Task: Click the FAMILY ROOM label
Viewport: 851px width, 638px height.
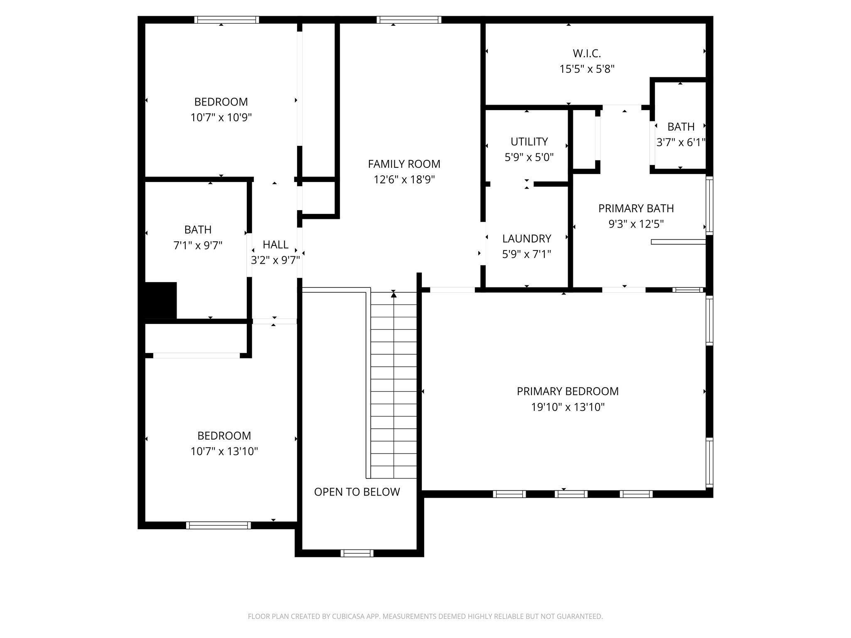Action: tap(404, 164)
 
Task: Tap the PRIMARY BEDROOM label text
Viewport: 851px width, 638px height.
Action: tap(568, 391)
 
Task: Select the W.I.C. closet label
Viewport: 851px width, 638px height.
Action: tap(587, 54)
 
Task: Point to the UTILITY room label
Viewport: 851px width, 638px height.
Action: tap(529, 142)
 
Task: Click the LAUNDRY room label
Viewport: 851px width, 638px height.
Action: tap(526, 238)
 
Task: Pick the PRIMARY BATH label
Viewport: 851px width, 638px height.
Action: tap(636, 209)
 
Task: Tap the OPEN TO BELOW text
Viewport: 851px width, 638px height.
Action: tap(357, 492)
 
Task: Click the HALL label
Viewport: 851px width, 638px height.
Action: tap(275, 245)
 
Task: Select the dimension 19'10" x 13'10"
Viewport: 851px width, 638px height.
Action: tap(568, 407)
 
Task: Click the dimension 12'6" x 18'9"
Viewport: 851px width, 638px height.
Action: tap(404, 180)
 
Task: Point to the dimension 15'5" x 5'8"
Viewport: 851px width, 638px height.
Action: tap(587, 69)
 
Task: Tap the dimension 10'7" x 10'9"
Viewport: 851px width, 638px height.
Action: tap(221, 118)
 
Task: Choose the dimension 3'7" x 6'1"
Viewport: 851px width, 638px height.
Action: tap(681, 143)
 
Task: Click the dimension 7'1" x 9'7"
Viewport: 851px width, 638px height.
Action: tap(198, 245)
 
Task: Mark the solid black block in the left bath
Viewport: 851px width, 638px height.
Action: tap(160, 300)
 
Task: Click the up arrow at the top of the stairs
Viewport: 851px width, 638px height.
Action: tap(394, 294)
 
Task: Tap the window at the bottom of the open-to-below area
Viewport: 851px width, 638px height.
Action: tap(357, 553)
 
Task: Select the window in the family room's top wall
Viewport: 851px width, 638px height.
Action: tap(409, 20)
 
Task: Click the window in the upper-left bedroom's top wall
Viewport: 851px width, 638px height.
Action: tap(226, 20)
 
